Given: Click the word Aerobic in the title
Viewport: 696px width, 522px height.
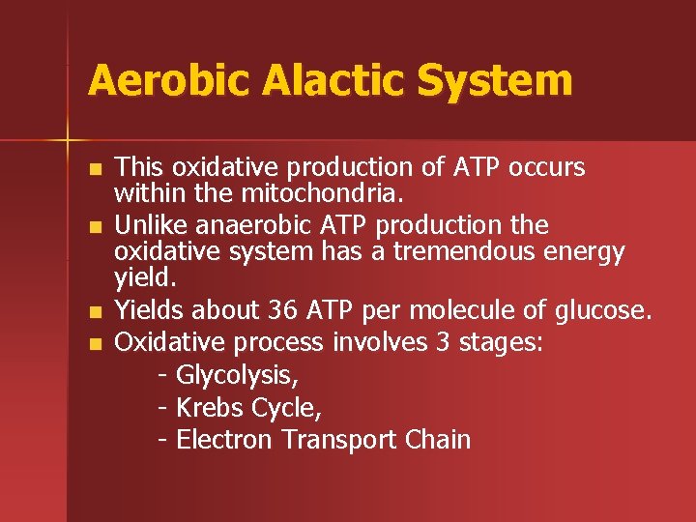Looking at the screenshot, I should coord(155,81).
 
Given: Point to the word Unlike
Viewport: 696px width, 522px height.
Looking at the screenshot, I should coord(148,226).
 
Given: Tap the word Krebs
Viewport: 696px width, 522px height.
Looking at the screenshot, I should coord(210,408).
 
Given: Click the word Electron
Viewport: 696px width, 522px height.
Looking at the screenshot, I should coord(224,440).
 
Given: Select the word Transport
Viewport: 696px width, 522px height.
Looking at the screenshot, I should coord(337,440).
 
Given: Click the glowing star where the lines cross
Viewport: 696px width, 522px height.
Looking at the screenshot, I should coord(68,139).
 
